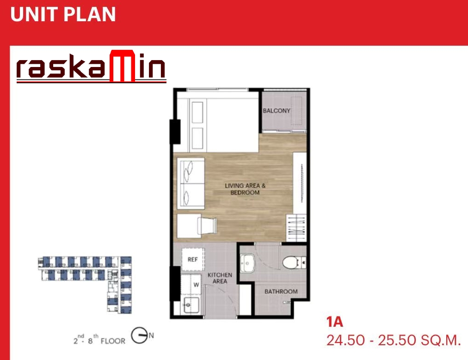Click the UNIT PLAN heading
[x=63, y=14]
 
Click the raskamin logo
[x=91, y=66]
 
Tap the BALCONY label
[x=277, y=110]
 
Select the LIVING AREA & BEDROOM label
[x=245, y=189]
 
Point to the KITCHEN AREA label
[x=220, y=278]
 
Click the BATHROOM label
[x=281, y=292]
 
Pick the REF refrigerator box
[x=193, y=259]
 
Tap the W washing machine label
[x=196, y=285]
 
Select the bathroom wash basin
[x=247, y=263]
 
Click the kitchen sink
[x=191, y=305]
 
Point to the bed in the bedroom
[x=218, y=122]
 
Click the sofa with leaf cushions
[x=191, y=183]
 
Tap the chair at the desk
[x=207, y=224]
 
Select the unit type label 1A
[x=335, y=322]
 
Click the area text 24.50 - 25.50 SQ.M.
[x=394, y=340]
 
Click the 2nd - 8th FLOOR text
[x=99, y=339]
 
